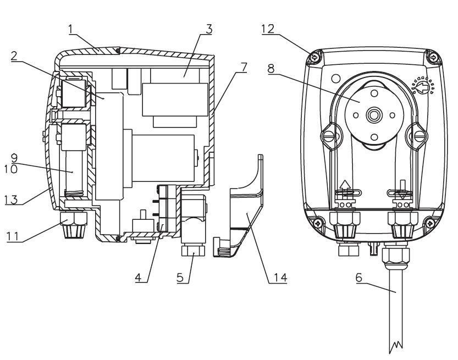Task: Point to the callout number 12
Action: [268, 29]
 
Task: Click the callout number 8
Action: [271, 69]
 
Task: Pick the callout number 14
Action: [280, 278]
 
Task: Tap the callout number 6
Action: [359, 278]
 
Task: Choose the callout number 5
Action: [180, 278]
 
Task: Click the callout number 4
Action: [139, 278]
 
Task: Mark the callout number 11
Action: [13, 236]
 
